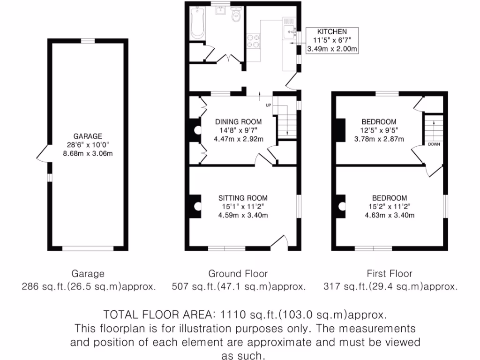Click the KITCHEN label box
point(332,40)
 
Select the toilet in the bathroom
point(237,16)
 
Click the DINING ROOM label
point(238,121)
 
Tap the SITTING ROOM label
point(242,198)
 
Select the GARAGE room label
point(88,136)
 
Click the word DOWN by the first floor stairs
point(434,144)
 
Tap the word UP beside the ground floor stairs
point(269,105)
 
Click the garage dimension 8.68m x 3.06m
point(88,153)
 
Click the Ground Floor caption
point(238,273)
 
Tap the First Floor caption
point(390,273)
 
